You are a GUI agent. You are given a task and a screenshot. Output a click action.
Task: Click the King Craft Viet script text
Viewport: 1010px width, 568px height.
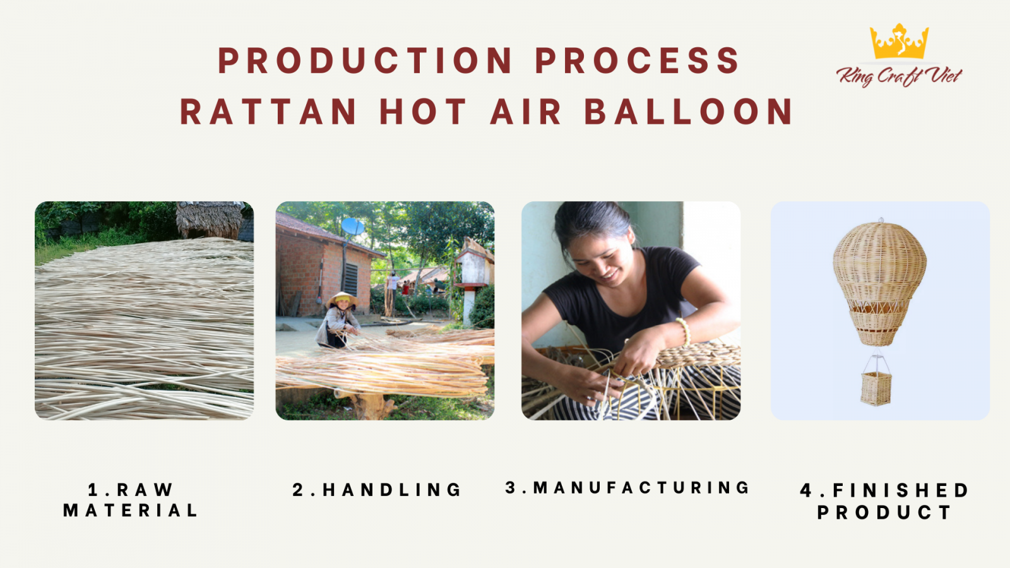pyautogui.click(x=899, y=76)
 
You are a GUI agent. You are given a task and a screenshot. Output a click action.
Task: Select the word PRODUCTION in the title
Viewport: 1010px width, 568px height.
pyautogui.click(x=365, y=60)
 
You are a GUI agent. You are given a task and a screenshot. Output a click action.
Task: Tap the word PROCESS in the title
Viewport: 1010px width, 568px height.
pyautogui.click(x=637, y=60)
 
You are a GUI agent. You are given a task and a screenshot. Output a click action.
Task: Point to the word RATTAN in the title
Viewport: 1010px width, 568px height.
pyautogui.click(x=269, y=111)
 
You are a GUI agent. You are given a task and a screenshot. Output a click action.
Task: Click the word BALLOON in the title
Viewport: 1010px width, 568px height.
pyautogui.click(x=689, y=111)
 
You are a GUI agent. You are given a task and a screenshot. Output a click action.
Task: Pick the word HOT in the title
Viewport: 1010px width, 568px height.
pyautogui.click(x=423, y=111)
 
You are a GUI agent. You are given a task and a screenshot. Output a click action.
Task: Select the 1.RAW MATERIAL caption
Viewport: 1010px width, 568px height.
pyautogui.click(x=130, y=500)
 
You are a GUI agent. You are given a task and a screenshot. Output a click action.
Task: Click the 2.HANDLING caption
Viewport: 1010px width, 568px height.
pyautogui.click(x=376, y=490)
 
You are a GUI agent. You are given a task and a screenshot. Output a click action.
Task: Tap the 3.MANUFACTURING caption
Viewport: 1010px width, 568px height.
pyautogui.click(x=627, y=488)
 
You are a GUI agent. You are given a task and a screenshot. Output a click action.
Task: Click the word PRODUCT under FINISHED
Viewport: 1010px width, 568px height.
pyautogui.click(x=884, y=512)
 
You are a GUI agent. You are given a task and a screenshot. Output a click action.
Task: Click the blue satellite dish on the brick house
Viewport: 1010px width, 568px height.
pyautogui.click(x=353, y=227)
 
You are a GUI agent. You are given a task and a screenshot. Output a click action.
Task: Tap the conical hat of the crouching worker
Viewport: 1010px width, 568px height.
pyautogui.click(x=342, y=299)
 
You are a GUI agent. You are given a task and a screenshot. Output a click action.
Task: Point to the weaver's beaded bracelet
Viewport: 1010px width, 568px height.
pyautogui.click(x=684, y=331)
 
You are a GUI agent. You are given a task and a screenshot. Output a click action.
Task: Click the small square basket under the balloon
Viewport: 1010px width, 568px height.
pyautogui.click(x=876, y=388)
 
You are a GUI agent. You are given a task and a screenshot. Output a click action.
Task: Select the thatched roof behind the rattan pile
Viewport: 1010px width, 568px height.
pyautogui.click(x=210, y=220)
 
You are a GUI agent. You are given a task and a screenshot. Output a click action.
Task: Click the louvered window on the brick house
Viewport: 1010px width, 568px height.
pyautogui.click(x=351, y=280)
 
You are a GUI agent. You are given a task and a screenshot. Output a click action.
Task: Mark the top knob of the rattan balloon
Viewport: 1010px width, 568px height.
pyautogui.click(x=881, y=220)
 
